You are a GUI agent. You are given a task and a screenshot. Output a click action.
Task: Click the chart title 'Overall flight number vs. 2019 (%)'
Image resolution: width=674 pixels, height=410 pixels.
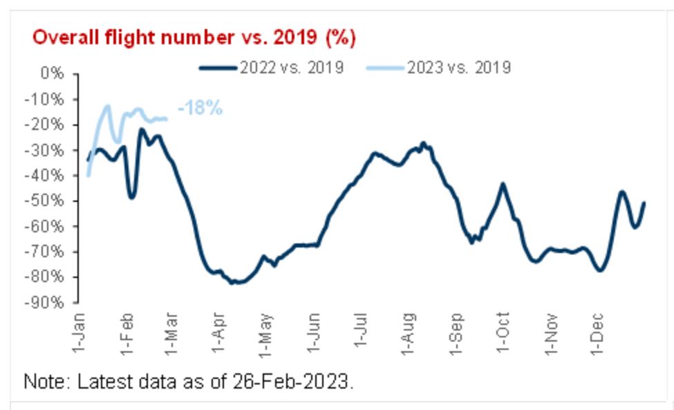[x=194, y=37]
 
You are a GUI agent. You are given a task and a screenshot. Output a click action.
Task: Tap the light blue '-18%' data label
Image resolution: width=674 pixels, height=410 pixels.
[x=200, y=109]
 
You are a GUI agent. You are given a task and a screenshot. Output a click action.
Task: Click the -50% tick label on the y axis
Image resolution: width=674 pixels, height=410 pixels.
[x=46, y=201]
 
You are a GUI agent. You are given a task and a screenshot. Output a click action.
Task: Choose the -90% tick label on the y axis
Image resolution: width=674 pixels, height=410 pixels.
[x=46, y=303]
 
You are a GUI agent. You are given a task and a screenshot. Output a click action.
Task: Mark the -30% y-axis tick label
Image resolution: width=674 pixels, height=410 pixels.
[x=46, y=150]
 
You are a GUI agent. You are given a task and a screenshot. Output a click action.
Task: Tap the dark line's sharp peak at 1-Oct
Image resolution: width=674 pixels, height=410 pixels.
[x=503, y=184]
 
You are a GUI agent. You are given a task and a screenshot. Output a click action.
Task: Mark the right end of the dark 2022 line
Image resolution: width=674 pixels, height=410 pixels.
[x=644, y=203]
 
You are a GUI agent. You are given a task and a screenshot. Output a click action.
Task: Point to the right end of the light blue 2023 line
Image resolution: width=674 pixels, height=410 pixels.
[x=166, y=119]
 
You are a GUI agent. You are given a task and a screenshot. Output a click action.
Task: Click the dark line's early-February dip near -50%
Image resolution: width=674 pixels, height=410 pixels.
[x=131, y=198]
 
